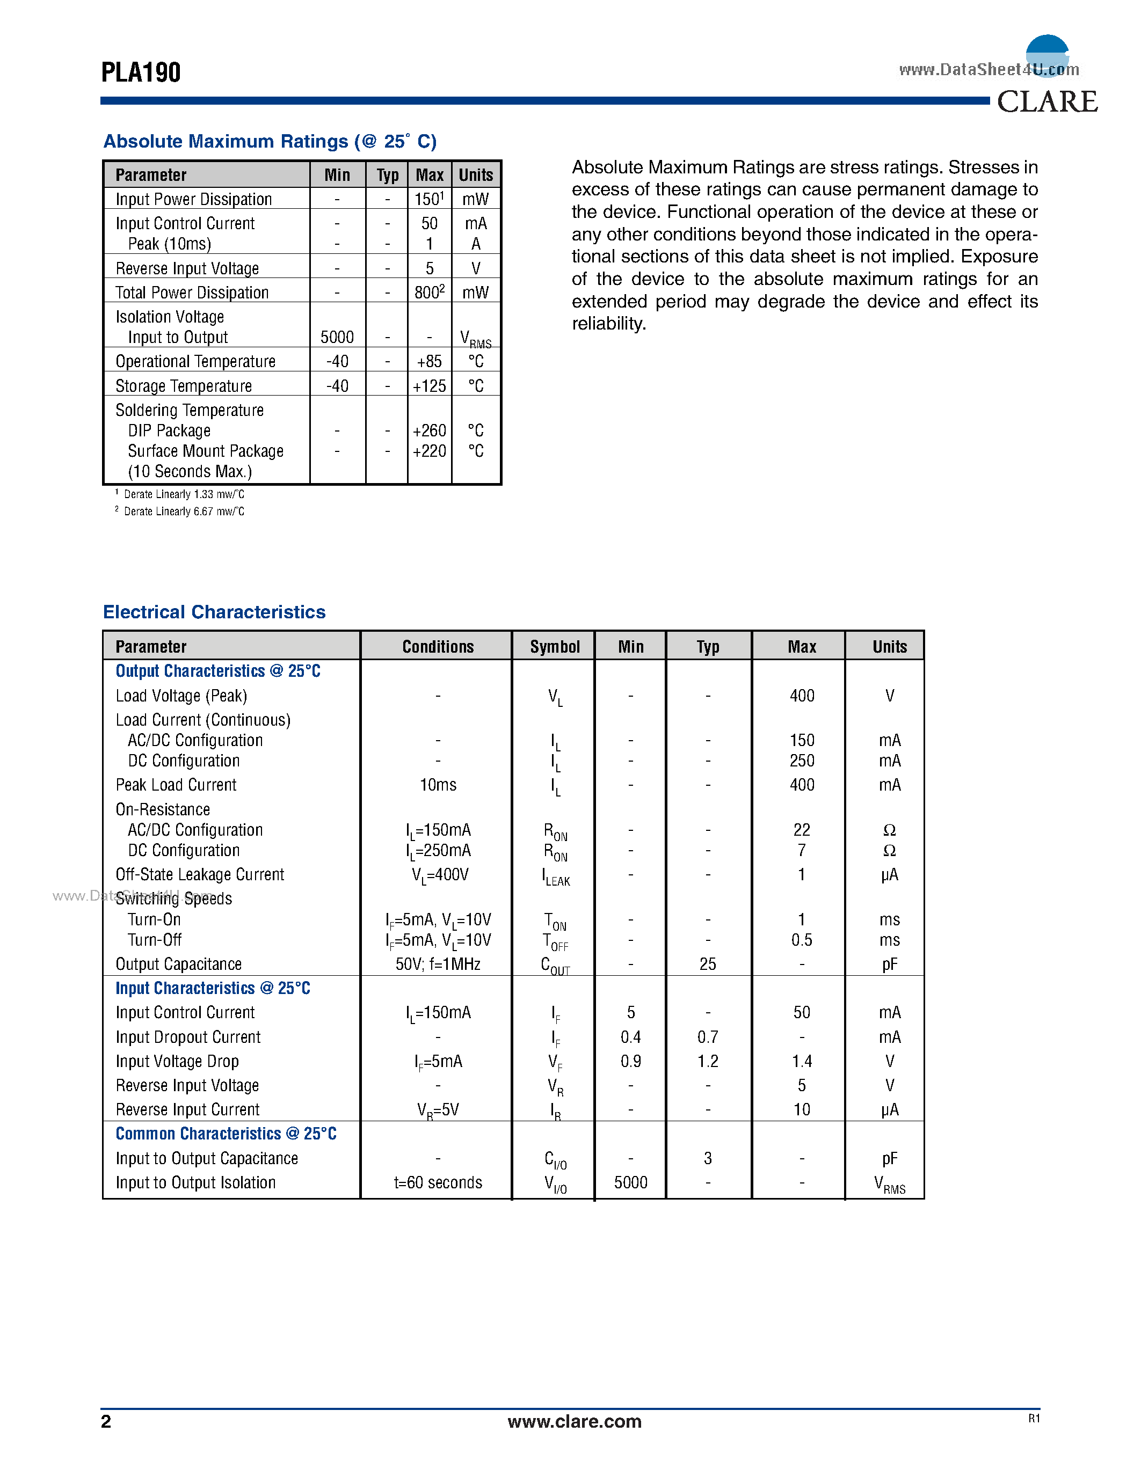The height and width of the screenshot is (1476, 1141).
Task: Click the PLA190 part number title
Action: tap(141, 73)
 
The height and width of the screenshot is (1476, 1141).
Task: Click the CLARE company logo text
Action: tap(1047, 102)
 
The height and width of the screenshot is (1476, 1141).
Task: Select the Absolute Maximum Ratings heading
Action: tap(270, 141)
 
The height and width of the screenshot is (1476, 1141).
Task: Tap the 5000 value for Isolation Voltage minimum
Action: tap(337, 337)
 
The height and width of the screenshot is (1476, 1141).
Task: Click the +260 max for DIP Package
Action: tap(429, 430)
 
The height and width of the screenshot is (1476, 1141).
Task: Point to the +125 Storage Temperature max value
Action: tap(429, 386)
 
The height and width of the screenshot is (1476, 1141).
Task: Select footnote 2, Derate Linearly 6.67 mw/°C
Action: tap(183, 512)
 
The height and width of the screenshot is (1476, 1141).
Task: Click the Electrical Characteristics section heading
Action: tap(214, 612)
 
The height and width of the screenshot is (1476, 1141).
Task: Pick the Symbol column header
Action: tap(554, 647)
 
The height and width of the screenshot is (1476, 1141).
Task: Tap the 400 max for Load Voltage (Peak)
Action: tap(802, 696)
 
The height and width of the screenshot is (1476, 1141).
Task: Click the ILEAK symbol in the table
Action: tap(556, 876)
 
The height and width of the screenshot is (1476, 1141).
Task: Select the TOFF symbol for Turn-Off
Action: tap(555, 941)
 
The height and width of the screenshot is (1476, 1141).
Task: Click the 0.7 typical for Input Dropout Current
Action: tap(708, 1037)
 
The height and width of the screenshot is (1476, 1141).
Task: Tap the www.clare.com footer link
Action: tap(574, 1421)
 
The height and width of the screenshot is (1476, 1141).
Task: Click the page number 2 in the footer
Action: tap(106, 1421)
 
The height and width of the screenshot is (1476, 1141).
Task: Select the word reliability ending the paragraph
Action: tap(608, 324)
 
